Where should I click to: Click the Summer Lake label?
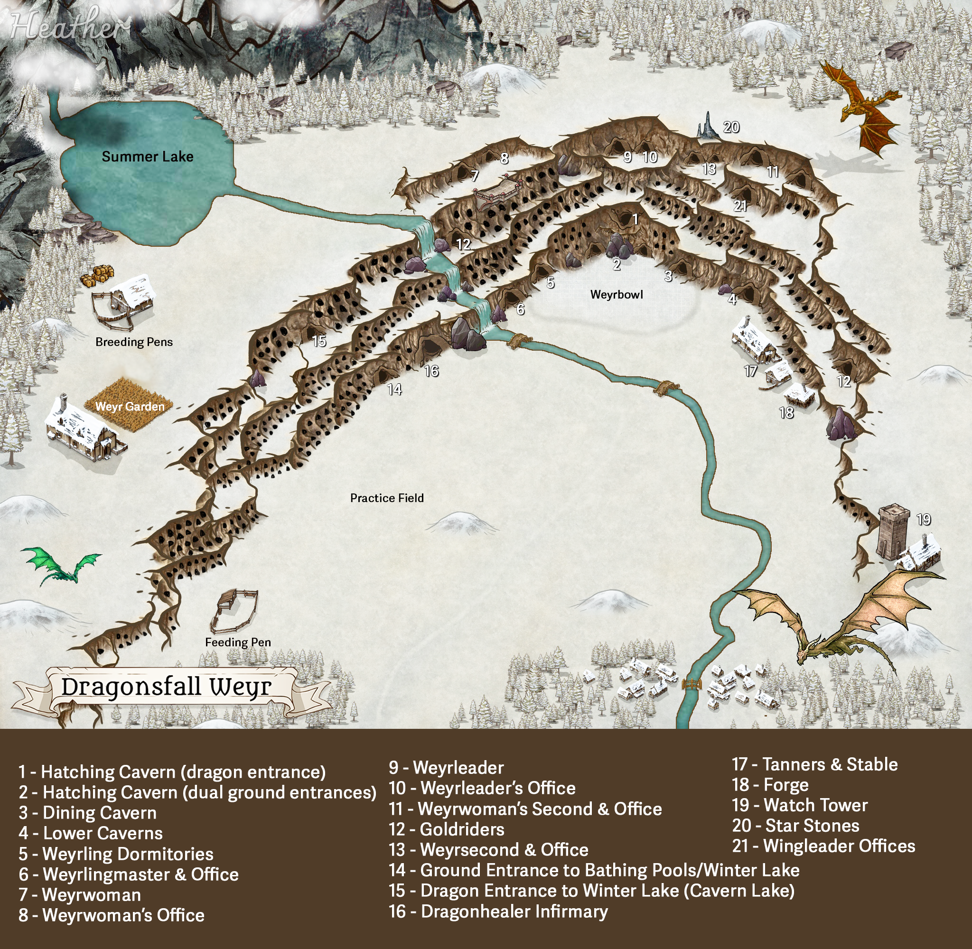[148, 157]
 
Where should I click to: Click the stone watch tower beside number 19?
[893, 531]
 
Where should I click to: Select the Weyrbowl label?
[617, 295]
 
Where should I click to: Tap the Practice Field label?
[387, 498]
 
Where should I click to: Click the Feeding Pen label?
[238, 642]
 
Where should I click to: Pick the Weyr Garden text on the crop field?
[130, 407]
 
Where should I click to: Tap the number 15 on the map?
[319, 342]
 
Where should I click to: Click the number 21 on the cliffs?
[740, 206]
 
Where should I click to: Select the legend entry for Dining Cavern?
[88, 813]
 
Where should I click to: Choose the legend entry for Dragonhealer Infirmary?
[498, 912]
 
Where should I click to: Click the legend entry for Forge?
[770, 785]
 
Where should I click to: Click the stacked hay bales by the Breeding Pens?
[97, 276]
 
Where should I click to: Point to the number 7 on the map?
[475, 176]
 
